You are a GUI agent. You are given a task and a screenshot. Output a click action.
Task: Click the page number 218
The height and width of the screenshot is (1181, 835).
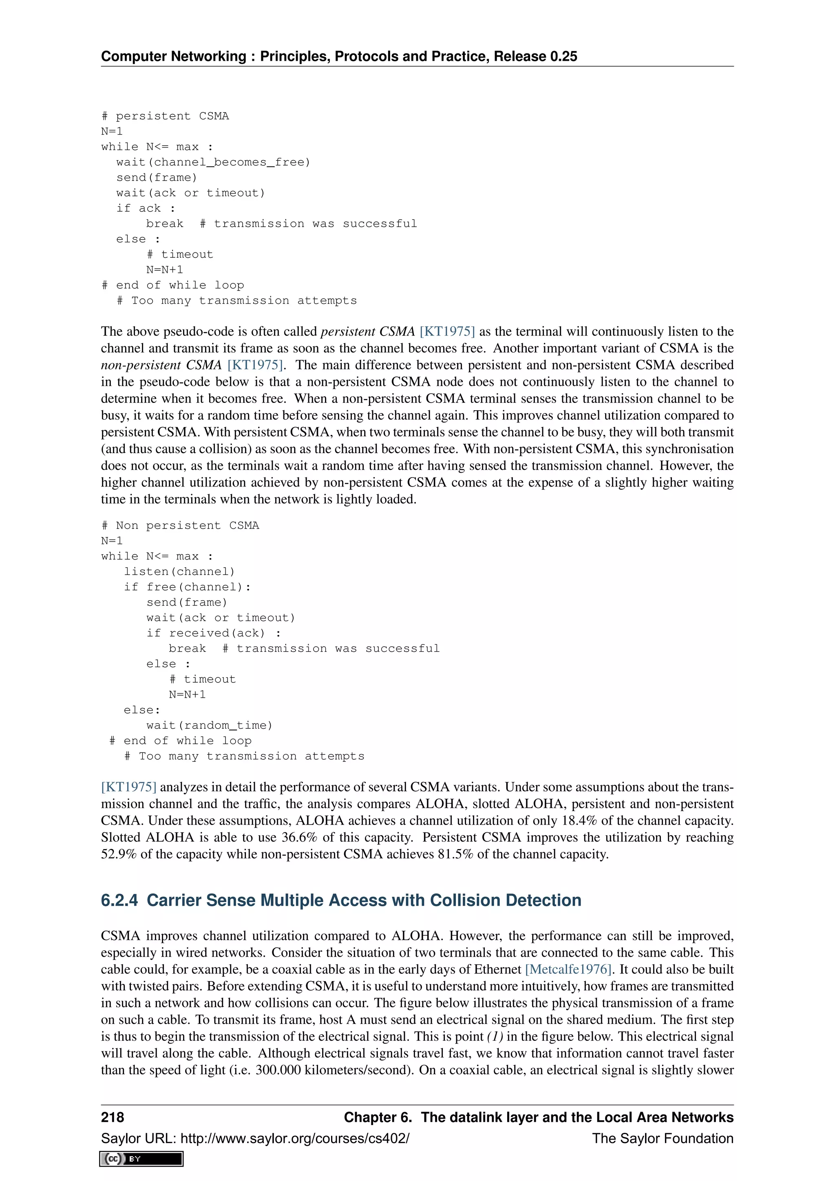(x=113, y=1117)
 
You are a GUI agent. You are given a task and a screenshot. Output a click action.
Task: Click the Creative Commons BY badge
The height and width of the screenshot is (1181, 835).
(x=141, y=1159)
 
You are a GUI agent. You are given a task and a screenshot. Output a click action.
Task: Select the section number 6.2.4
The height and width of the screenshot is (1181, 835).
(x=119, y=900)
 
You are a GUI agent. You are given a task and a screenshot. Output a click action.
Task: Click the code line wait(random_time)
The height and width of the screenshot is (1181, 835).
(x=209, y=725)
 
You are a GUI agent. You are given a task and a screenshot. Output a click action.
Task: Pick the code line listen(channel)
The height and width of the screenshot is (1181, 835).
(x=179, y=571)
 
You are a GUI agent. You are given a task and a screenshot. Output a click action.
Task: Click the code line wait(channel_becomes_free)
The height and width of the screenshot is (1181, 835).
(x=213, y=162)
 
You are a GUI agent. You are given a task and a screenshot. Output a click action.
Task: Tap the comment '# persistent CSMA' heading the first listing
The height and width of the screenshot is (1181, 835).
(x=165, y=116)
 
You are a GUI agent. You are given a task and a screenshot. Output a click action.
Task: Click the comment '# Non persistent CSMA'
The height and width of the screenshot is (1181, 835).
(x=180, y=526)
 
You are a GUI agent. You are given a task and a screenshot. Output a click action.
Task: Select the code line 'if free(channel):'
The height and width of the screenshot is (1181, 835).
(x=187, y=587)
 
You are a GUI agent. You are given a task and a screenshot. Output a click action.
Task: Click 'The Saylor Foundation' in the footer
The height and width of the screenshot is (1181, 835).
(x=662, y=1138)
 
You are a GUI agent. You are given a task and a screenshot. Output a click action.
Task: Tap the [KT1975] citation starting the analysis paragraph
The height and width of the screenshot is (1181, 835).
(x=128, y=787)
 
